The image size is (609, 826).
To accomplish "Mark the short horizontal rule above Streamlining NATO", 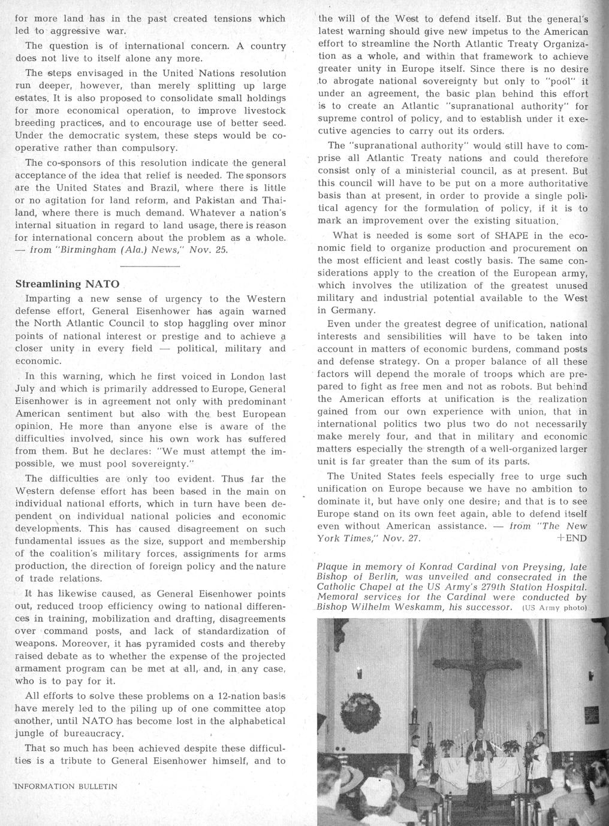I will coord(150,265).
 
